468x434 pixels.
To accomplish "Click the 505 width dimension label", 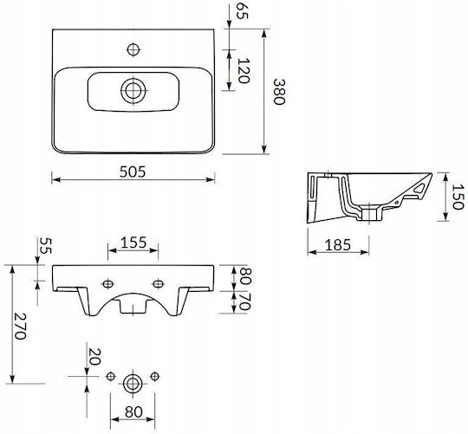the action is [133, 172].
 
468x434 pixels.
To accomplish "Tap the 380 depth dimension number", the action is [279, 92].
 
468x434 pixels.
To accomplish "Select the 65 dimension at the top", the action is [242, 11].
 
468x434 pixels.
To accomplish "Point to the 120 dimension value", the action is [244, 70].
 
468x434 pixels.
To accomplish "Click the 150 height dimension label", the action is [458, 197].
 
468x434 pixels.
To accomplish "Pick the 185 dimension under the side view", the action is [338, 245].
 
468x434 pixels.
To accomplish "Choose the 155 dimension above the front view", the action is [133, 243].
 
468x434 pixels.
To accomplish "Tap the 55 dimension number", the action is [46, 245].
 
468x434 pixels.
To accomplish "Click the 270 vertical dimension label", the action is [20, 327].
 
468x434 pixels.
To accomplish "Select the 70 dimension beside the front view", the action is [244, 301].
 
